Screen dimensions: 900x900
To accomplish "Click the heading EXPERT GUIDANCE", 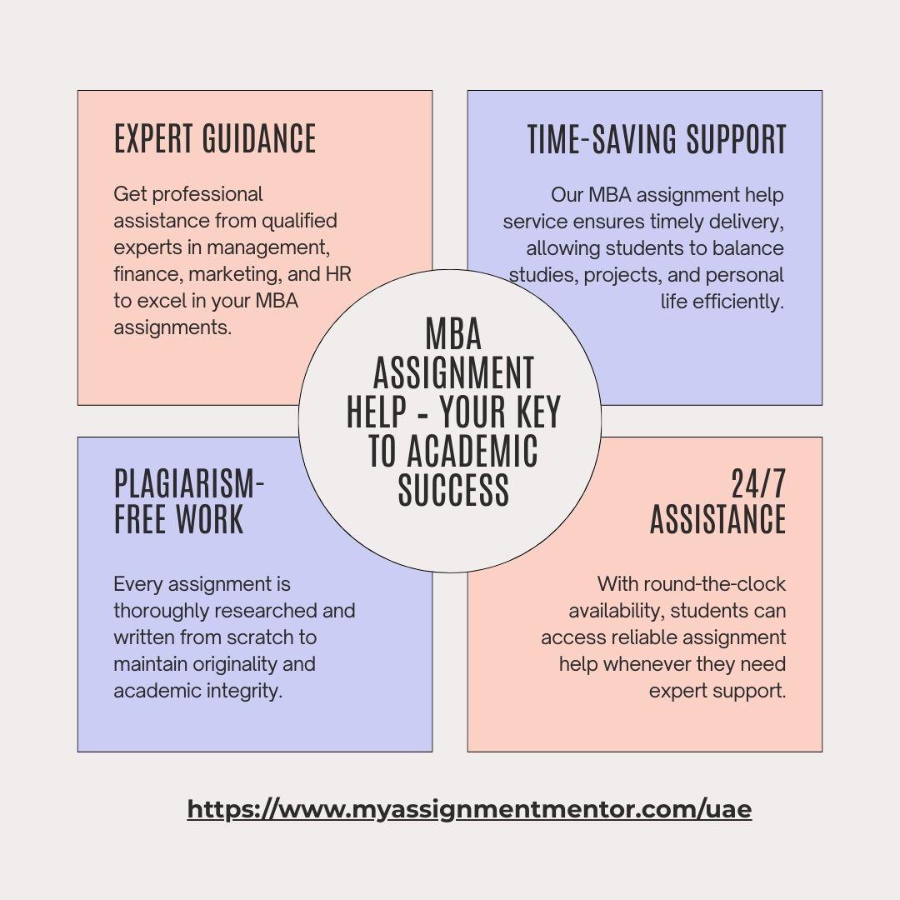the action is pos(215,139).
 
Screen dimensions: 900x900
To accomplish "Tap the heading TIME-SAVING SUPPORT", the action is pos(657,139).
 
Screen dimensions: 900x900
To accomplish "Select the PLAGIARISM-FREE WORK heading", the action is pos(189,502).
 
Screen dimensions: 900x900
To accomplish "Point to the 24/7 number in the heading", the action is pos(758,484).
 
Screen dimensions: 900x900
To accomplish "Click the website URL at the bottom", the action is pos(469,809).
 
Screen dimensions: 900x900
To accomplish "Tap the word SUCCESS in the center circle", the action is pos(453,490).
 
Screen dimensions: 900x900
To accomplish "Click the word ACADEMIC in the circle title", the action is pos(472,451).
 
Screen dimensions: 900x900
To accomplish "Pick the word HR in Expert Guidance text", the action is pos(338,274).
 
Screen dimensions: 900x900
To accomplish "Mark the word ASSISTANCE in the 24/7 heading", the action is pos(718,519).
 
